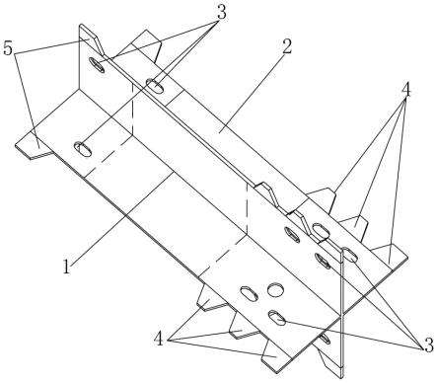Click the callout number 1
(67, 267)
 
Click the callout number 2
(286, 47)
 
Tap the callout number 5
(8, 48)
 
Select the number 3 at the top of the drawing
(221, 13)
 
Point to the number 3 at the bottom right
(428, 345)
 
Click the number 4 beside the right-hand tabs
(406, 90)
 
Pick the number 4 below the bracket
(159, 339)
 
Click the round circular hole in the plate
(275, 289)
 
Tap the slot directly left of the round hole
(249, 293)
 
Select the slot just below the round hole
(277, 318)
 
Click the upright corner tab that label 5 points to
(91, 38)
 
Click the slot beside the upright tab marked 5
(97, 65)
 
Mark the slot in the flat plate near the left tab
(83, 149)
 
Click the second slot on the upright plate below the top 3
(155, 85)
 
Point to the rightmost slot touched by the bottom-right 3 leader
(350, 255)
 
